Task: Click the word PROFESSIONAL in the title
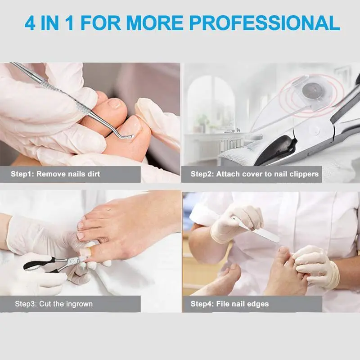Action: point(265,23)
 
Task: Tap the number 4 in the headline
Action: point(30,23)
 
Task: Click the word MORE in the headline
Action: point(154,23)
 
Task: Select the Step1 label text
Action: point(22,174)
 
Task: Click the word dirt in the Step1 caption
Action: point(94,174)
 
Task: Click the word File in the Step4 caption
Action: point(223,304)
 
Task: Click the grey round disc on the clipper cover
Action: point(311,90)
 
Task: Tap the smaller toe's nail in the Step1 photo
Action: point(114,103)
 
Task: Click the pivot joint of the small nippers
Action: point(72,261)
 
